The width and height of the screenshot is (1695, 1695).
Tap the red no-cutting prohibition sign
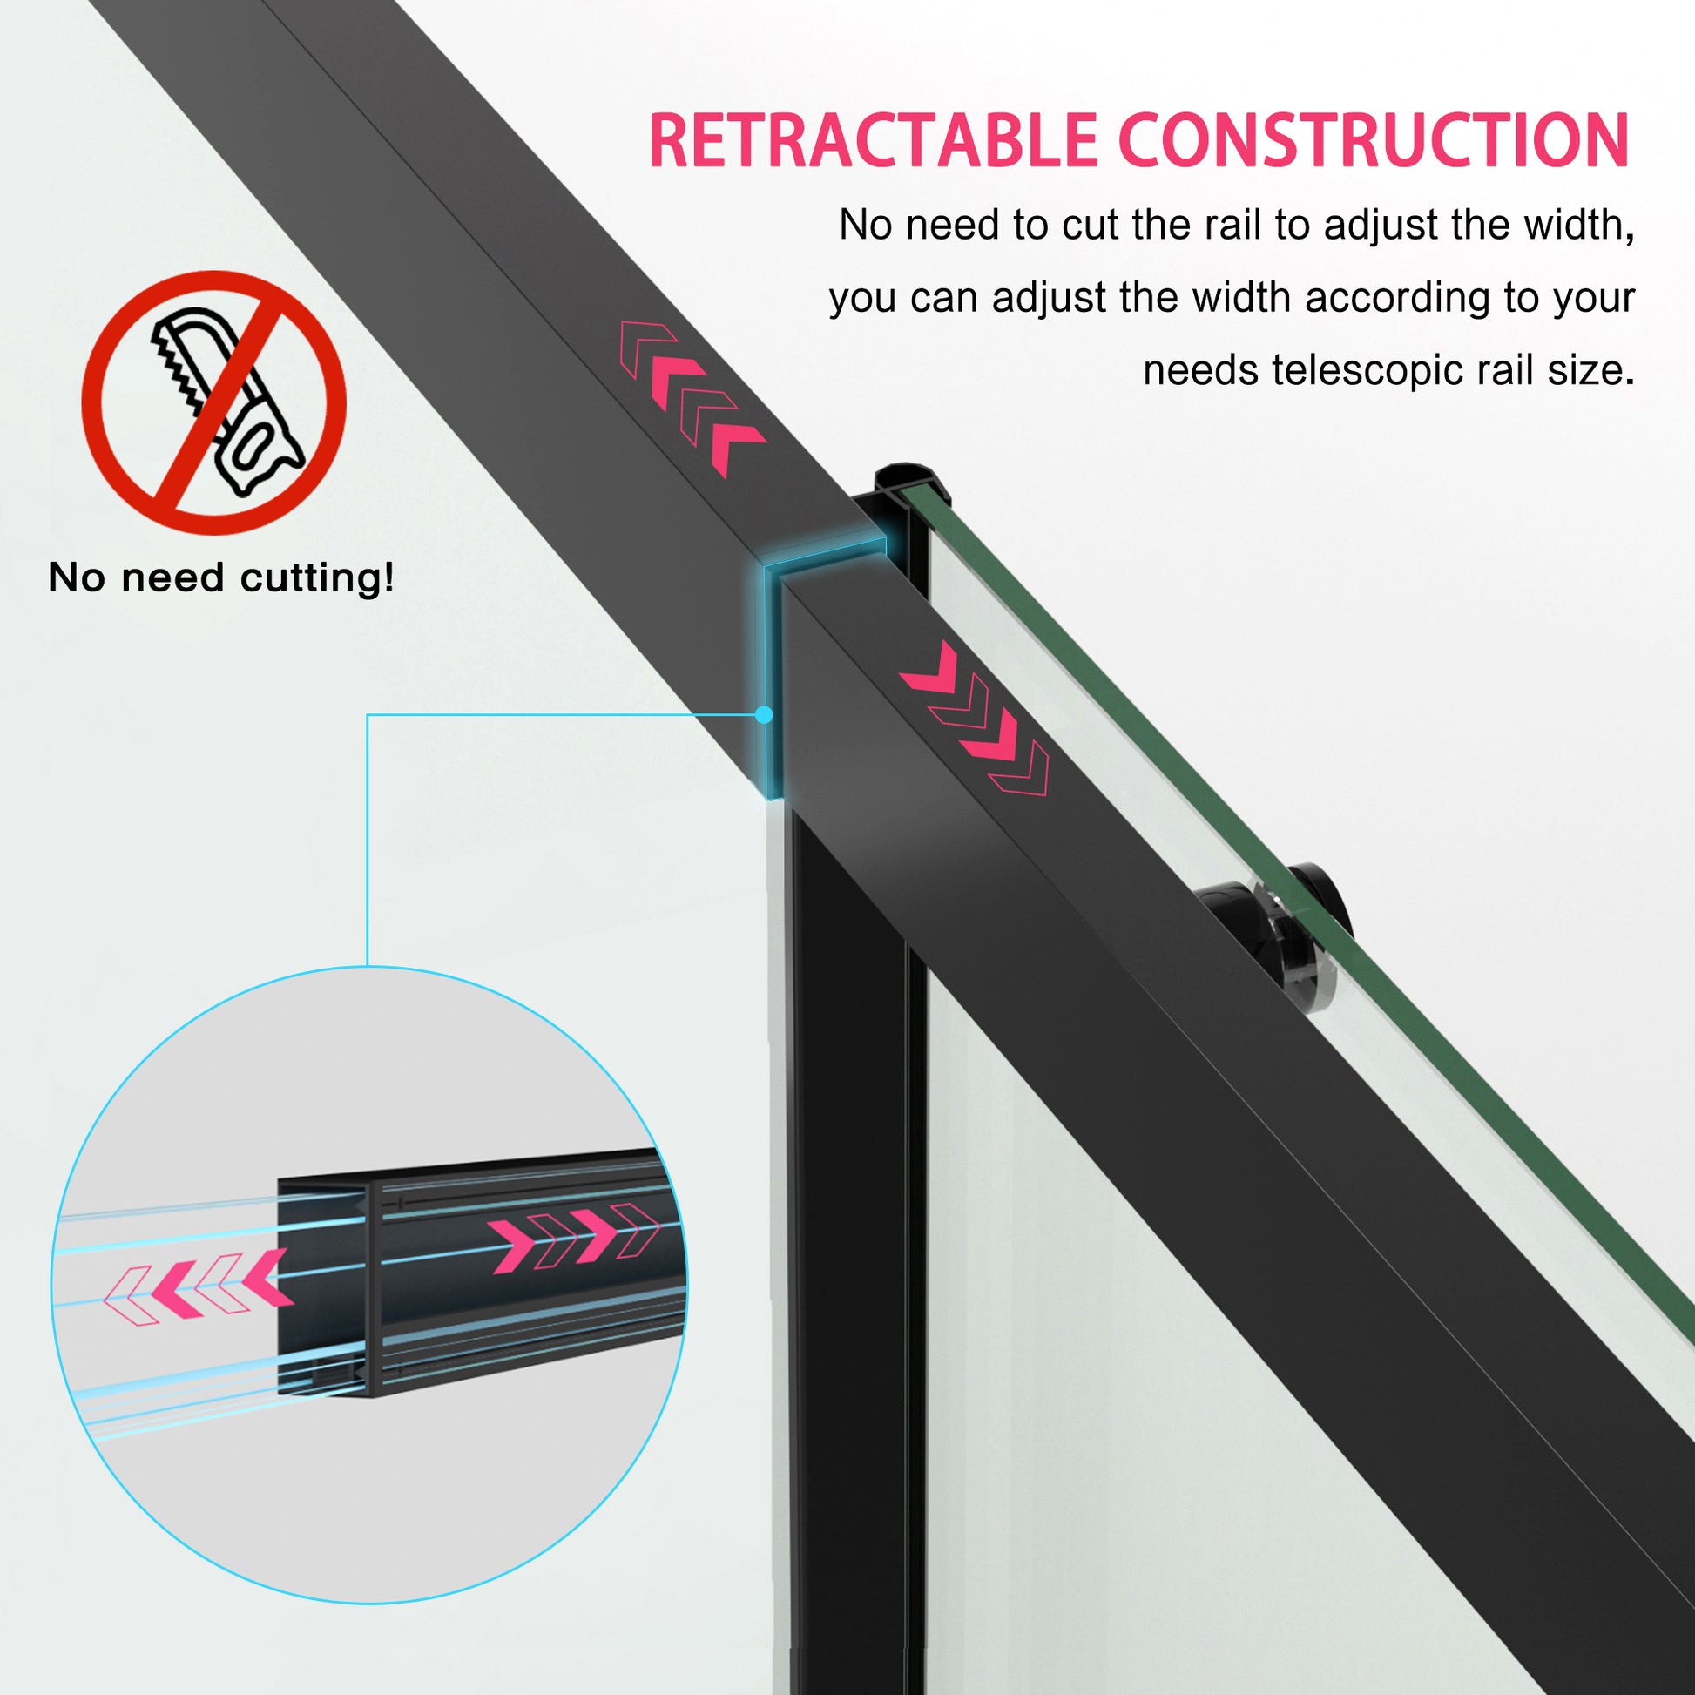point(214,402)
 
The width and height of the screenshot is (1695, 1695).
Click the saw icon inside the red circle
point(230,399)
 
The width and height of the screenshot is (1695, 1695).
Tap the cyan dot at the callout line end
point(763,715)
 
